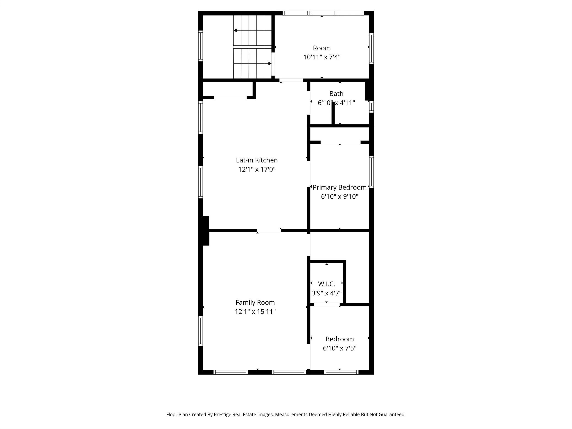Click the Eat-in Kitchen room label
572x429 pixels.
point(256,160)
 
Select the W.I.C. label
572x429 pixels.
point(326,284)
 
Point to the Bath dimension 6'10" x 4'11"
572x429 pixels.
point(336,103)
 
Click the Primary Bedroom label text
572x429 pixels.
point(339,187)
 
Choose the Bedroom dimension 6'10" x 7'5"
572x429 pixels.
point(339,348)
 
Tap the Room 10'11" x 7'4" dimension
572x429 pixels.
point(322,57)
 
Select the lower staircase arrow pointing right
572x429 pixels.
point(270,64)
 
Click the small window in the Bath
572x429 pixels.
point(371,107)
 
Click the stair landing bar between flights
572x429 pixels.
point(252,47)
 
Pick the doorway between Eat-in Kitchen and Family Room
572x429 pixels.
point(269,230)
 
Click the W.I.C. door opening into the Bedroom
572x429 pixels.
point(326,304)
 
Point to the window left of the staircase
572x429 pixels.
point(200,46)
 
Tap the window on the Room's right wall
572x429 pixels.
point(371,49)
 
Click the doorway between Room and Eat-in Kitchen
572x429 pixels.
point(291,80)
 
